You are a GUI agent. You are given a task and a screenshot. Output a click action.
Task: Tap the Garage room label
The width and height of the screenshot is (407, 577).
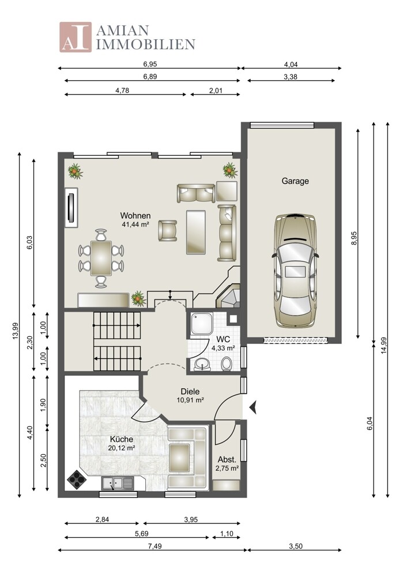click(x=295, y=181)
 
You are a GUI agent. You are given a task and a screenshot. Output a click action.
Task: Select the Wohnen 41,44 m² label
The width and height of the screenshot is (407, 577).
click(x=135, y=220)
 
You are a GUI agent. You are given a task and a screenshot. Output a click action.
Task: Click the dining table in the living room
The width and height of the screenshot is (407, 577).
click(x=101, y=258)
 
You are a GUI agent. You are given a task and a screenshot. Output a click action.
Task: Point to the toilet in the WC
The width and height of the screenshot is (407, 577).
click(x=227, y=364)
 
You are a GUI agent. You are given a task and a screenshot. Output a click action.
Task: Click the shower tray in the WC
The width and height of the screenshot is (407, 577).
click(x=201, y=324)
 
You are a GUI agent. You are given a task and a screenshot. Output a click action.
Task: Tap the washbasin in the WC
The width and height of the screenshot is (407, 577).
click(x=202, y=364)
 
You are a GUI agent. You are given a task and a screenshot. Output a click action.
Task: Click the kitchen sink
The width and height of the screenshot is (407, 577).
click(x=118, y=483)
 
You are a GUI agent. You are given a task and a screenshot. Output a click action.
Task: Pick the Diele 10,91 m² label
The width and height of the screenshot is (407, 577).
click(x=190, y=396)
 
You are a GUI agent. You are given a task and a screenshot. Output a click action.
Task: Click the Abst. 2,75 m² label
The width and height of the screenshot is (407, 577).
click(x=227, y=464)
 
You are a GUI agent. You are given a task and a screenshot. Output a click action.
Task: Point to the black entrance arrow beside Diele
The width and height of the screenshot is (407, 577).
click(x=253, y=407)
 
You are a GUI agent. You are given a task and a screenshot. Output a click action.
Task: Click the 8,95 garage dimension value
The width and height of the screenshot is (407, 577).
click(x=354, y=238)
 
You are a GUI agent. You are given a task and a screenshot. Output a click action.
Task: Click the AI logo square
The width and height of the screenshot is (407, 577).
click(x=76, y=37)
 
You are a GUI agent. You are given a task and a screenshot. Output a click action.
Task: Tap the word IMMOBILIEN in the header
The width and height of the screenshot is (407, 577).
click(x=146, y=44)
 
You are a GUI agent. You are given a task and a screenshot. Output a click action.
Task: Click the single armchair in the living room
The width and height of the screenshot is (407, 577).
click(x=168, y=231)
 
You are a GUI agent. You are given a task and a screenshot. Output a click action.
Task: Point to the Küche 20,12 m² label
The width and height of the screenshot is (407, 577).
click(x=122, y=443)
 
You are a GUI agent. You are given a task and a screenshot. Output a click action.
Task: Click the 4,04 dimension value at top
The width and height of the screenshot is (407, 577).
click(x=291, y=65)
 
